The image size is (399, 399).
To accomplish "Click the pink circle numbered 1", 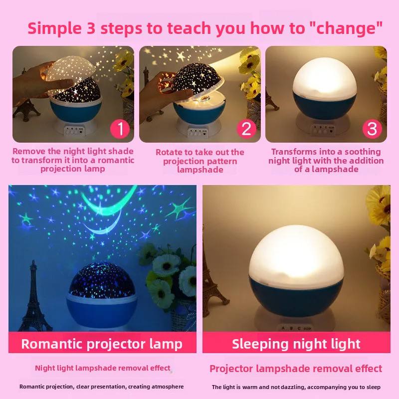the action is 120,129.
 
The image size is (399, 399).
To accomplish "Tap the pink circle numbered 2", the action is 246,129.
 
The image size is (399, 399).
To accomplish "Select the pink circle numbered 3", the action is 372,129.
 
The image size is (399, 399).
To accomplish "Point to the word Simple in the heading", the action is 55,28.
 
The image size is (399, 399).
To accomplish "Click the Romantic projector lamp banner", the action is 102,344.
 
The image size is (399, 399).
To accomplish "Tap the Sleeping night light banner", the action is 296,344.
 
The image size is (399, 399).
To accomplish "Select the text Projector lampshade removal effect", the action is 296,369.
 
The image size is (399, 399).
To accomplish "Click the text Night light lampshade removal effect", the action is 103,368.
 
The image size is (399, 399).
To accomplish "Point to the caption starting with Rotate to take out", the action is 200,161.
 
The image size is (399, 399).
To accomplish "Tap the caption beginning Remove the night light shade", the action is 73,160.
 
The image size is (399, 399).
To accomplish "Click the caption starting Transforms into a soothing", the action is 326,160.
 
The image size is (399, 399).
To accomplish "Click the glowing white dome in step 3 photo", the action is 325,78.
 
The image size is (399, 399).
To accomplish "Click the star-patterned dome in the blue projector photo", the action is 102,280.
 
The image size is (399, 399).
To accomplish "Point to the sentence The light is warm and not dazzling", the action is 296,387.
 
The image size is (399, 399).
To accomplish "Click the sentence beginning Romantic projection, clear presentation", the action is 102,387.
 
